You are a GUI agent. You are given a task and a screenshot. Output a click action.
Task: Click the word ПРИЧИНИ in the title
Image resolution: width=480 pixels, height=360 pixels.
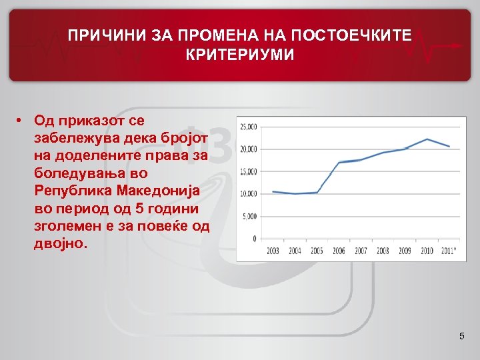(99, 35)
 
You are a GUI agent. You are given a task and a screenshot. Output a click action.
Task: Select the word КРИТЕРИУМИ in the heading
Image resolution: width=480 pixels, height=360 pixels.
(240, 54)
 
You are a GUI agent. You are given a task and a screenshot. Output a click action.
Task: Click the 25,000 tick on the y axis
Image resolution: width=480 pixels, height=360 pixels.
(249, 126)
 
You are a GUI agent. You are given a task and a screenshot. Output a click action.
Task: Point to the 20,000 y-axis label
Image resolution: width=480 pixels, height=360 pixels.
(249, 149)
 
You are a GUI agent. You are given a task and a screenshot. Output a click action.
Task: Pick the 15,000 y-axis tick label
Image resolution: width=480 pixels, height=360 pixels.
(249, 171)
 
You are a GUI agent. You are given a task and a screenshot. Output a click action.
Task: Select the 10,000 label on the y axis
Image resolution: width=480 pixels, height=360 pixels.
(249, 194)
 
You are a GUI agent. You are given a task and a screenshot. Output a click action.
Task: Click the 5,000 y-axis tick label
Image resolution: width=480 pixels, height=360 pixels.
(251, 217)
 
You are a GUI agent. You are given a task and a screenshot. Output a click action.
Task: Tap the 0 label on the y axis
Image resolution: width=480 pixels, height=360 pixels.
(255, 239)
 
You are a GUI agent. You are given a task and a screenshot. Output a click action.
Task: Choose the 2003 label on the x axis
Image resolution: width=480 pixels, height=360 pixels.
(273, 251)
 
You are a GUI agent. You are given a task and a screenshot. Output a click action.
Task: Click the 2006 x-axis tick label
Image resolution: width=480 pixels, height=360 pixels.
(339, 251)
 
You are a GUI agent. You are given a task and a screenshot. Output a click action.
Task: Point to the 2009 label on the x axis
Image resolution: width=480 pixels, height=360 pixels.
(405, 251)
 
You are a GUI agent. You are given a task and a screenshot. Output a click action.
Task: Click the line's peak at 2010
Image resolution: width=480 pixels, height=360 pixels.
(427, 139)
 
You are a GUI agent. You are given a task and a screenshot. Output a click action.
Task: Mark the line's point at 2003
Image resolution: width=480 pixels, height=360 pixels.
(273, 191)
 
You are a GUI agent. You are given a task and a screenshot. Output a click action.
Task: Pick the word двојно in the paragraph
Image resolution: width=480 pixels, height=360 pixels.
(59, 243)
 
